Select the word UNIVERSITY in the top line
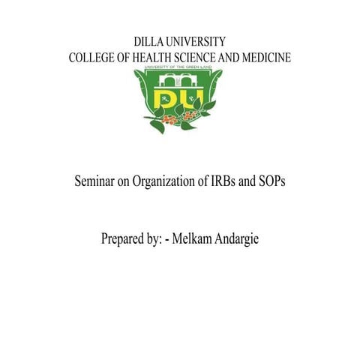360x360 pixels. (197, 42)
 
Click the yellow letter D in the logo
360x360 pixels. (166, 100)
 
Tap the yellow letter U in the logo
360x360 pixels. (190, 100)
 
